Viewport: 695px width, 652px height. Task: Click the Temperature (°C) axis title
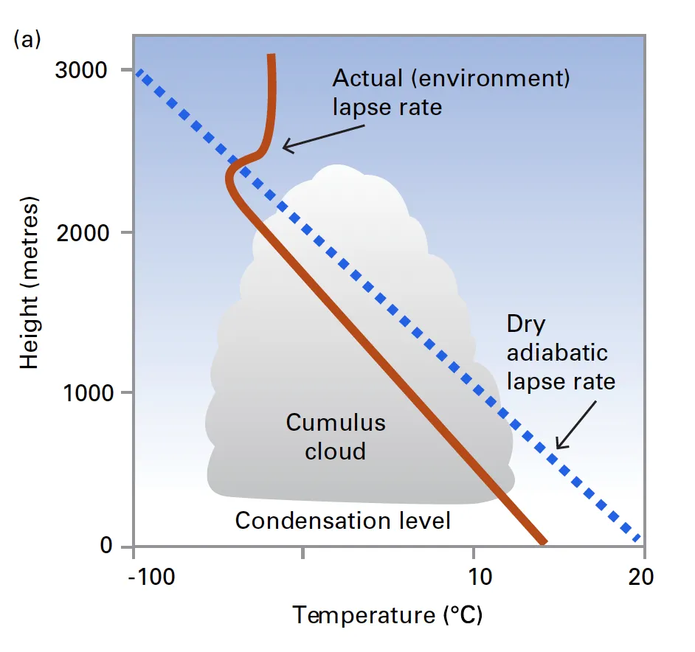click(388, 614)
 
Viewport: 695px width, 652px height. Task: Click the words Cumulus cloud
click(336, 437)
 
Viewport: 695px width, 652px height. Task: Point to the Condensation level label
click(342, 521)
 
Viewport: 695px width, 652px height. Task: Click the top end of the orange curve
click(272, 56)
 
